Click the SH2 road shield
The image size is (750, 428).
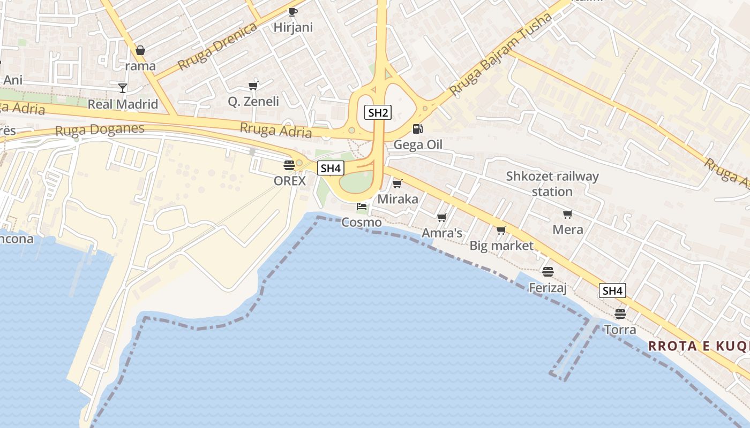tap(378, 112)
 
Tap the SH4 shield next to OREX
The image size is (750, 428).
tap(330, 168)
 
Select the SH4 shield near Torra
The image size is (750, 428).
tap(612, 291)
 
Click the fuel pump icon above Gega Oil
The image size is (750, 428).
tap(417, 129)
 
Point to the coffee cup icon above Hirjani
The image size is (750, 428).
tap(292, 12)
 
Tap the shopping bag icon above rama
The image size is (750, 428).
tap(140, 50)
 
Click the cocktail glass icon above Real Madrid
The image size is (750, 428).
tap(123, 88)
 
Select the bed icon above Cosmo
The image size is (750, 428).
tap(362, 207)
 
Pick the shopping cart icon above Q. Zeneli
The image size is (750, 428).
tap(253, 86)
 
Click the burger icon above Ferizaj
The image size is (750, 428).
tap(547, 272)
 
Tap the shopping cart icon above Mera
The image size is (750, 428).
tap(567, 214)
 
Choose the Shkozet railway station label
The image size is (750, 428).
tap(552, 184)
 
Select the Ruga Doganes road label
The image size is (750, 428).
tap(100, 130)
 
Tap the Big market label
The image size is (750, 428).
tap(501, 246)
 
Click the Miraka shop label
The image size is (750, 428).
tap(397, 199)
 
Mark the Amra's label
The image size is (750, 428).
tap(442, 233)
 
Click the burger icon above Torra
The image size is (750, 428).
tap(620, 314)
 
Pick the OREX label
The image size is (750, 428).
tap(290, 181)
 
